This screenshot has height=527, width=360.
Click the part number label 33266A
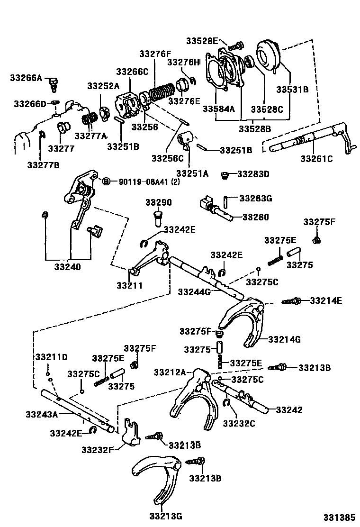27,77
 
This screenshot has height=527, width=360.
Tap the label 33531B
293,89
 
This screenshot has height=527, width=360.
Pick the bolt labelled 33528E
235,46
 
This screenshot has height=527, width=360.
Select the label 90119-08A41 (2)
143,182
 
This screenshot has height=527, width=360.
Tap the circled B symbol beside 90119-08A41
107,182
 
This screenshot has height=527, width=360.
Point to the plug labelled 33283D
225,175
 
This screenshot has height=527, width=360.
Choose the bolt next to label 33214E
292,301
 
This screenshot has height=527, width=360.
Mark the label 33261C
316,159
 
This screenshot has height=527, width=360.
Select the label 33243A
42,415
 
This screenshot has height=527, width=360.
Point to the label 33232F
98,449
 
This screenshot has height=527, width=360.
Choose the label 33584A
219,109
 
